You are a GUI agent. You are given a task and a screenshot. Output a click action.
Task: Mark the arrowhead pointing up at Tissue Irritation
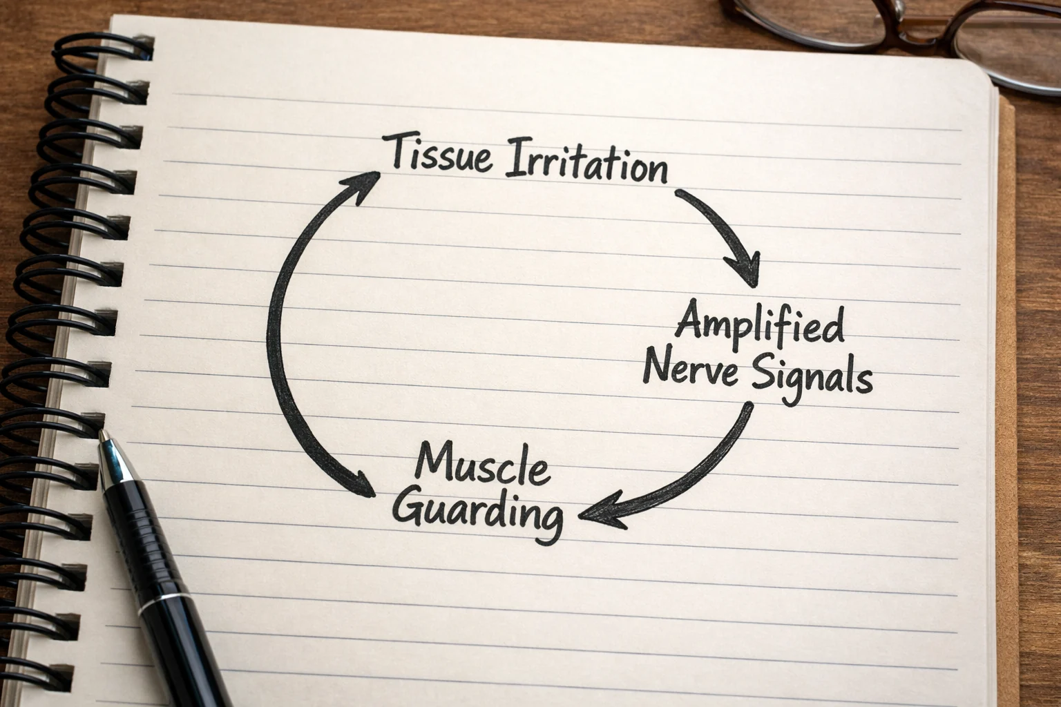[x=363, y=185]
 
